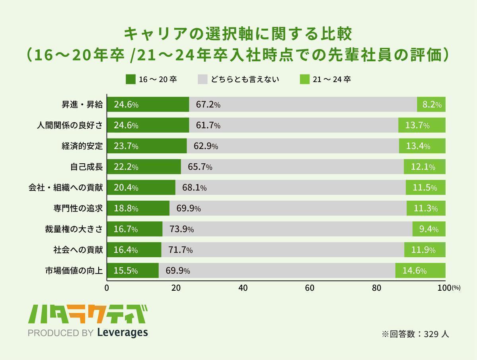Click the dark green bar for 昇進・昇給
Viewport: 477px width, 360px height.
[148, 104]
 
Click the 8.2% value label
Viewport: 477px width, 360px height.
[432, 105]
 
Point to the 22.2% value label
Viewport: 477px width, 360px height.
[126, 167]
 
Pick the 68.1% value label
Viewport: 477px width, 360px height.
[194, 188]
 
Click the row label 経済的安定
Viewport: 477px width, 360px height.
[82, 146]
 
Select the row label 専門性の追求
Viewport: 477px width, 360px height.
[78, 208]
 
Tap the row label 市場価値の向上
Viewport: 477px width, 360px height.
[74, 271]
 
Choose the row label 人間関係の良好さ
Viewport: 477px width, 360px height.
[70, 125]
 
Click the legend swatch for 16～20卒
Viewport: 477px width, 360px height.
[130, 79]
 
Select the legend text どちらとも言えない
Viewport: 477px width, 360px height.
[245, 79]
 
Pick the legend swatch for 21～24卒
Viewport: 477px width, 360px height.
[304, 79]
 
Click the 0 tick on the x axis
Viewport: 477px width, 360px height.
[107, 288]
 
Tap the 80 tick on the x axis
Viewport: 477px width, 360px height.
[378, 288]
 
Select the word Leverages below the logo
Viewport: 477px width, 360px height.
[122, 333]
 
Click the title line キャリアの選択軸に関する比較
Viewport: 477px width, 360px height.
[238, 34]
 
